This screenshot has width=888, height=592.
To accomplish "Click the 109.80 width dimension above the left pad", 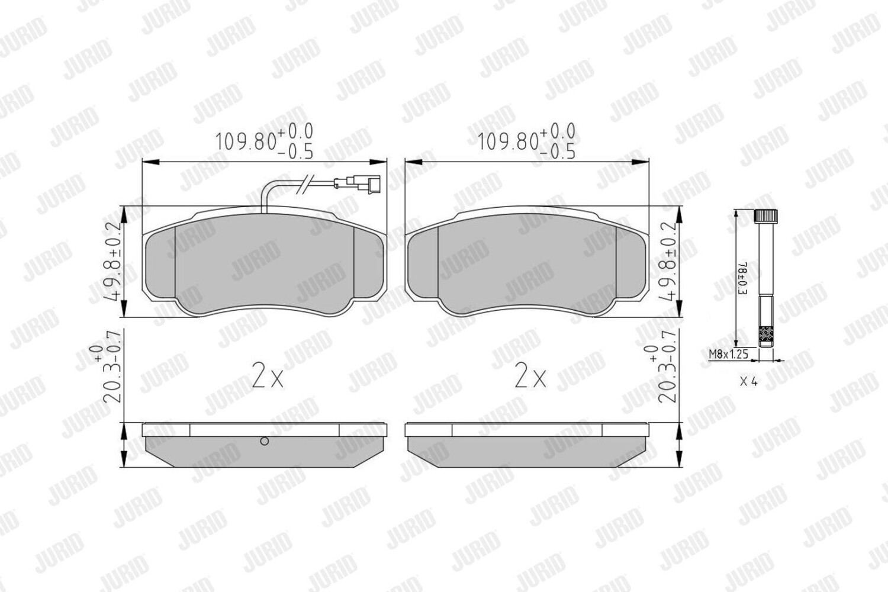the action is click(x=264, y=141).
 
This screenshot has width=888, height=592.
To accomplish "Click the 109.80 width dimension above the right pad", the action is click(x=526, y=141).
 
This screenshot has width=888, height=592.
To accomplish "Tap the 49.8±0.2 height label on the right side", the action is click(x=668, y=262).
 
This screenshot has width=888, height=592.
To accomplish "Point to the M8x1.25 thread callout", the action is click(x=729, y=353).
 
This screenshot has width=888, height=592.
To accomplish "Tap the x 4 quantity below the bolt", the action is click(x=749, y=382).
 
